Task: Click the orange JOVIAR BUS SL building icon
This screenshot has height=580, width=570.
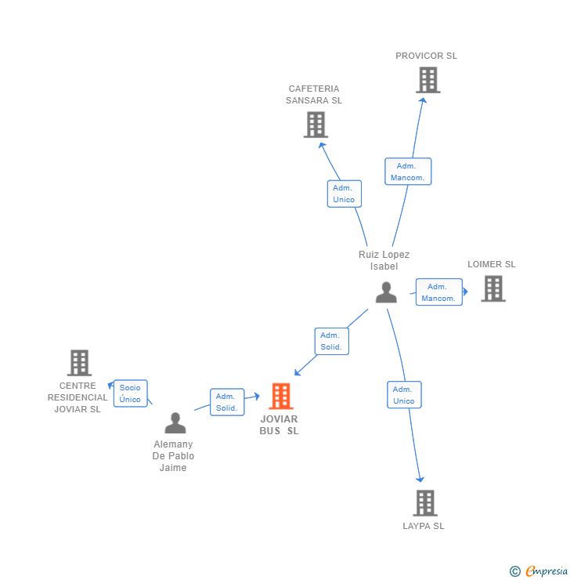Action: [280, 397]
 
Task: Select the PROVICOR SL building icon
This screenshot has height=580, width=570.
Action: [427, 80]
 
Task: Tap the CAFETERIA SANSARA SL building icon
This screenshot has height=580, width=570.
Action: [316, 125]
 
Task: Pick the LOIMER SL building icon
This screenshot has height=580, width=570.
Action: [492, 288]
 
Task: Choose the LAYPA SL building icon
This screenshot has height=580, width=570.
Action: [424, 502]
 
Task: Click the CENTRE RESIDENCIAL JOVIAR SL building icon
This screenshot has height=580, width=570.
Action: [79, 363]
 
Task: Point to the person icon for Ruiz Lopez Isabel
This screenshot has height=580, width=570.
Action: [386, 292]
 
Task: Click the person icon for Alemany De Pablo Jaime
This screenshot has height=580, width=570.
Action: [175, 423]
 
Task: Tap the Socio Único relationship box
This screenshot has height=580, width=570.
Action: [130, 393]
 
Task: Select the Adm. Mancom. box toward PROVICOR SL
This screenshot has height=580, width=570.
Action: [407, 172]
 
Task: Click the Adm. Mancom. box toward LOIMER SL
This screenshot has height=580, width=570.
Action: [438, 292]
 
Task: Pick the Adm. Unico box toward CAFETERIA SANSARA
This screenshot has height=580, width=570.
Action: [344, 194]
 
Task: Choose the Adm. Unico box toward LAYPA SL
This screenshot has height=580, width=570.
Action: [404, 395]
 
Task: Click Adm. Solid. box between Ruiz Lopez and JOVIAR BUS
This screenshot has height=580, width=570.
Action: [331, 341]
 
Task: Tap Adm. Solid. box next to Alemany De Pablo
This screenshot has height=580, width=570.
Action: [227, 402]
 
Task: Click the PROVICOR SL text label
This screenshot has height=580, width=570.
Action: [426, 56]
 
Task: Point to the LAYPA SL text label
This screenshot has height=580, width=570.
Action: [424, 526]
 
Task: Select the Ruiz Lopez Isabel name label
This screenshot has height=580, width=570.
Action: [384, 260]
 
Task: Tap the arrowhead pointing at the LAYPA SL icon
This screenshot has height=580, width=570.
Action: [420, 479]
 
